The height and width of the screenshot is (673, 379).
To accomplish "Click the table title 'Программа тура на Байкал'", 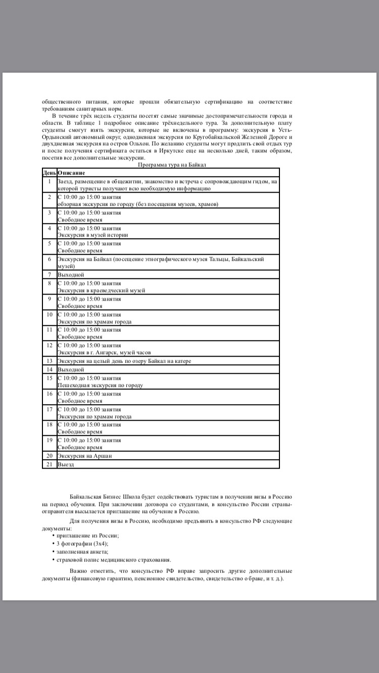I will (x=172, y=165).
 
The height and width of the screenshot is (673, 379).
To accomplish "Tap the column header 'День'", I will (x=50, y=173).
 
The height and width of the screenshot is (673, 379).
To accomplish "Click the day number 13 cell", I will (x=50, y=361).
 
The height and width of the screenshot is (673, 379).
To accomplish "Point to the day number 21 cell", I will (x=50, y=464).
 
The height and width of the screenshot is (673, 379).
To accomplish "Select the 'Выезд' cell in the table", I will (x=66, y=464).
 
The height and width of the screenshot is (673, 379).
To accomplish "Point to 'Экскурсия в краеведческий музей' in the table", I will (x=102, y=291).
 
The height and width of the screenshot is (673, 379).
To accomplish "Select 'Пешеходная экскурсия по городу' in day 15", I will (x=100, y=385).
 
